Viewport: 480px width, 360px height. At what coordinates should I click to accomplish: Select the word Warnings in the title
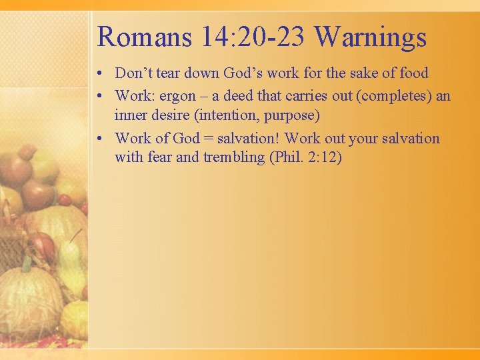[371, 37]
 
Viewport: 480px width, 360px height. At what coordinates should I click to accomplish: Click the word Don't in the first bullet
[134, 73]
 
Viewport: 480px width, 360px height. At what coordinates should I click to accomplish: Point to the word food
[413, 73]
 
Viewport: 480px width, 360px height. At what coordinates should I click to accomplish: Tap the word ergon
[179, 95]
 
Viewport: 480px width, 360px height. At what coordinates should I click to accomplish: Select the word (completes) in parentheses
[393, 95]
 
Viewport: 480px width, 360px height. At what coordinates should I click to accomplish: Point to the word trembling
[229, 158]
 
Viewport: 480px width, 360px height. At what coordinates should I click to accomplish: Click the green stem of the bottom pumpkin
[26, 264]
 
